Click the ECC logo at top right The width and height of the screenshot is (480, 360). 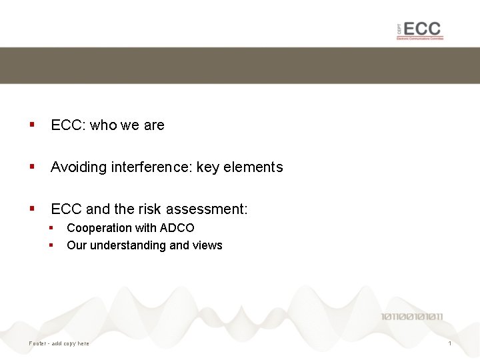419,30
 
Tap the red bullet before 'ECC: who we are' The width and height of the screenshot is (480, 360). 31,125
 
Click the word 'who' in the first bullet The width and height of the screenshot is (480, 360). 103,125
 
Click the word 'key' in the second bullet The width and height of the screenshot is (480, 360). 207,167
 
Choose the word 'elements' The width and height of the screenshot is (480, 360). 253,167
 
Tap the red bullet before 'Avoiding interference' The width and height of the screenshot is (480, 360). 31,167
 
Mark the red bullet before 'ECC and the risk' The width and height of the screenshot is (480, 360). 31,209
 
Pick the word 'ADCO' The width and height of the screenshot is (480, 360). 177,228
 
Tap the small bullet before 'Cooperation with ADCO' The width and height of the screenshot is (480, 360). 51,228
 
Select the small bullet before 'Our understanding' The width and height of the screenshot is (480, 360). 51,245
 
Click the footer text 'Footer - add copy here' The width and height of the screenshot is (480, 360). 59,343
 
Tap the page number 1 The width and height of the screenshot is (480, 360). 450,343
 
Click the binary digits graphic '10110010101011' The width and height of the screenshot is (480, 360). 412,317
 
